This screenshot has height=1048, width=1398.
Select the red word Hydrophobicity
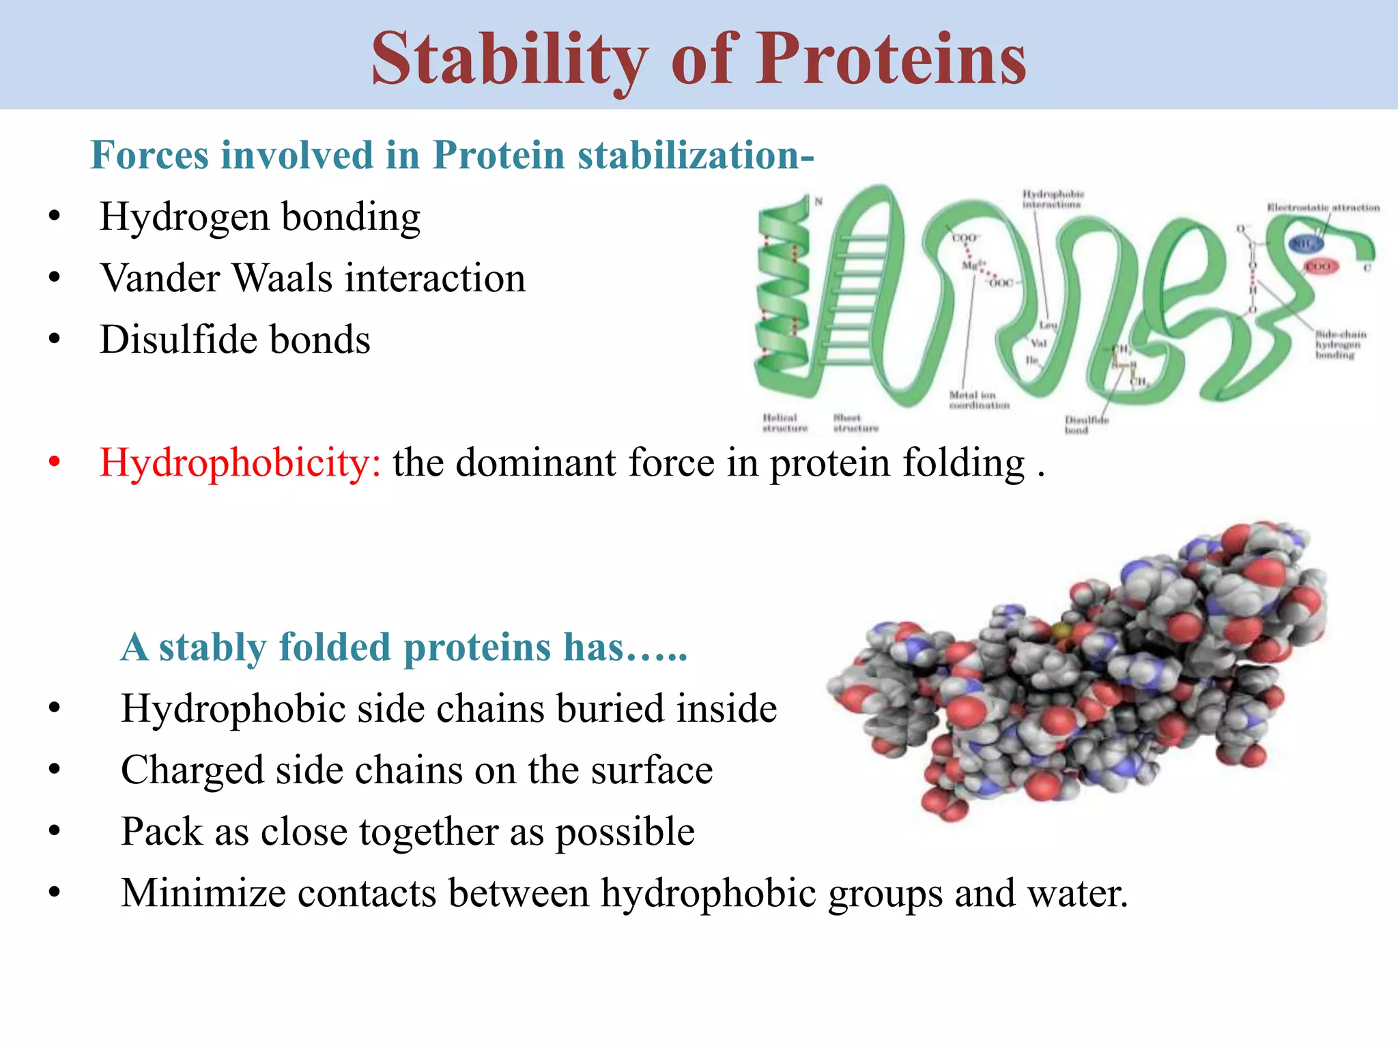pyautogui.click(x=240, y=463)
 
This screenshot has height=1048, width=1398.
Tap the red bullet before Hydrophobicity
pyautogui.click(x=55, y=462)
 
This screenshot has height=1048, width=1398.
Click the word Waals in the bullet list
pyautogui.click(x=283, y=278)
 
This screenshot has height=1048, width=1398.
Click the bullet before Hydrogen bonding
pyautogui.click(x=55, y=218)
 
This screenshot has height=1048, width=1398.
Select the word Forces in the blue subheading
pyautogui.click(x=149, y=155)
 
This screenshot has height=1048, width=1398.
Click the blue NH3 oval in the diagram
pyautogui.click(x=1304, y=244)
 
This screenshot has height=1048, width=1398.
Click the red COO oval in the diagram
pyautogui.click(x=1320, y=267)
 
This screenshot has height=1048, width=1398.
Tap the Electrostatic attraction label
pyautogui.click(x=1323, y=207)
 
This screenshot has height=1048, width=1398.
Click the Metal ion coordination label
pyautogui.click(x=978, y=400)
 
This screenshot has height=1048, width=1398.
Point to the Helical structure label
pyautogui.click(x=784, y=422)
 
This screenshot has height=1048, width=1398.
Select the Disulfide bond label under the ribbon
pyautogui.click(x=1086, y=424)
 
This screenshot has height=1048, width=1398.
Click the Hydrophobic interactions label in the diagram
pyautogui.click(x=1053, y=199)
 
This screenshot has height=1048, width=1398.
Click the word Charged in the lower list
pyautogui.click(x=192, y=770)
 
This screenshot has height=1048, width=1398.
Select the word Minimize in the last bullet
pyautogui.click(x=203, y=893)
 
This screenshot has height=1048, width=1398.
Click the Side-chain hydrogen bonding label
pyautogui.click(x=1341, y=344)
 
